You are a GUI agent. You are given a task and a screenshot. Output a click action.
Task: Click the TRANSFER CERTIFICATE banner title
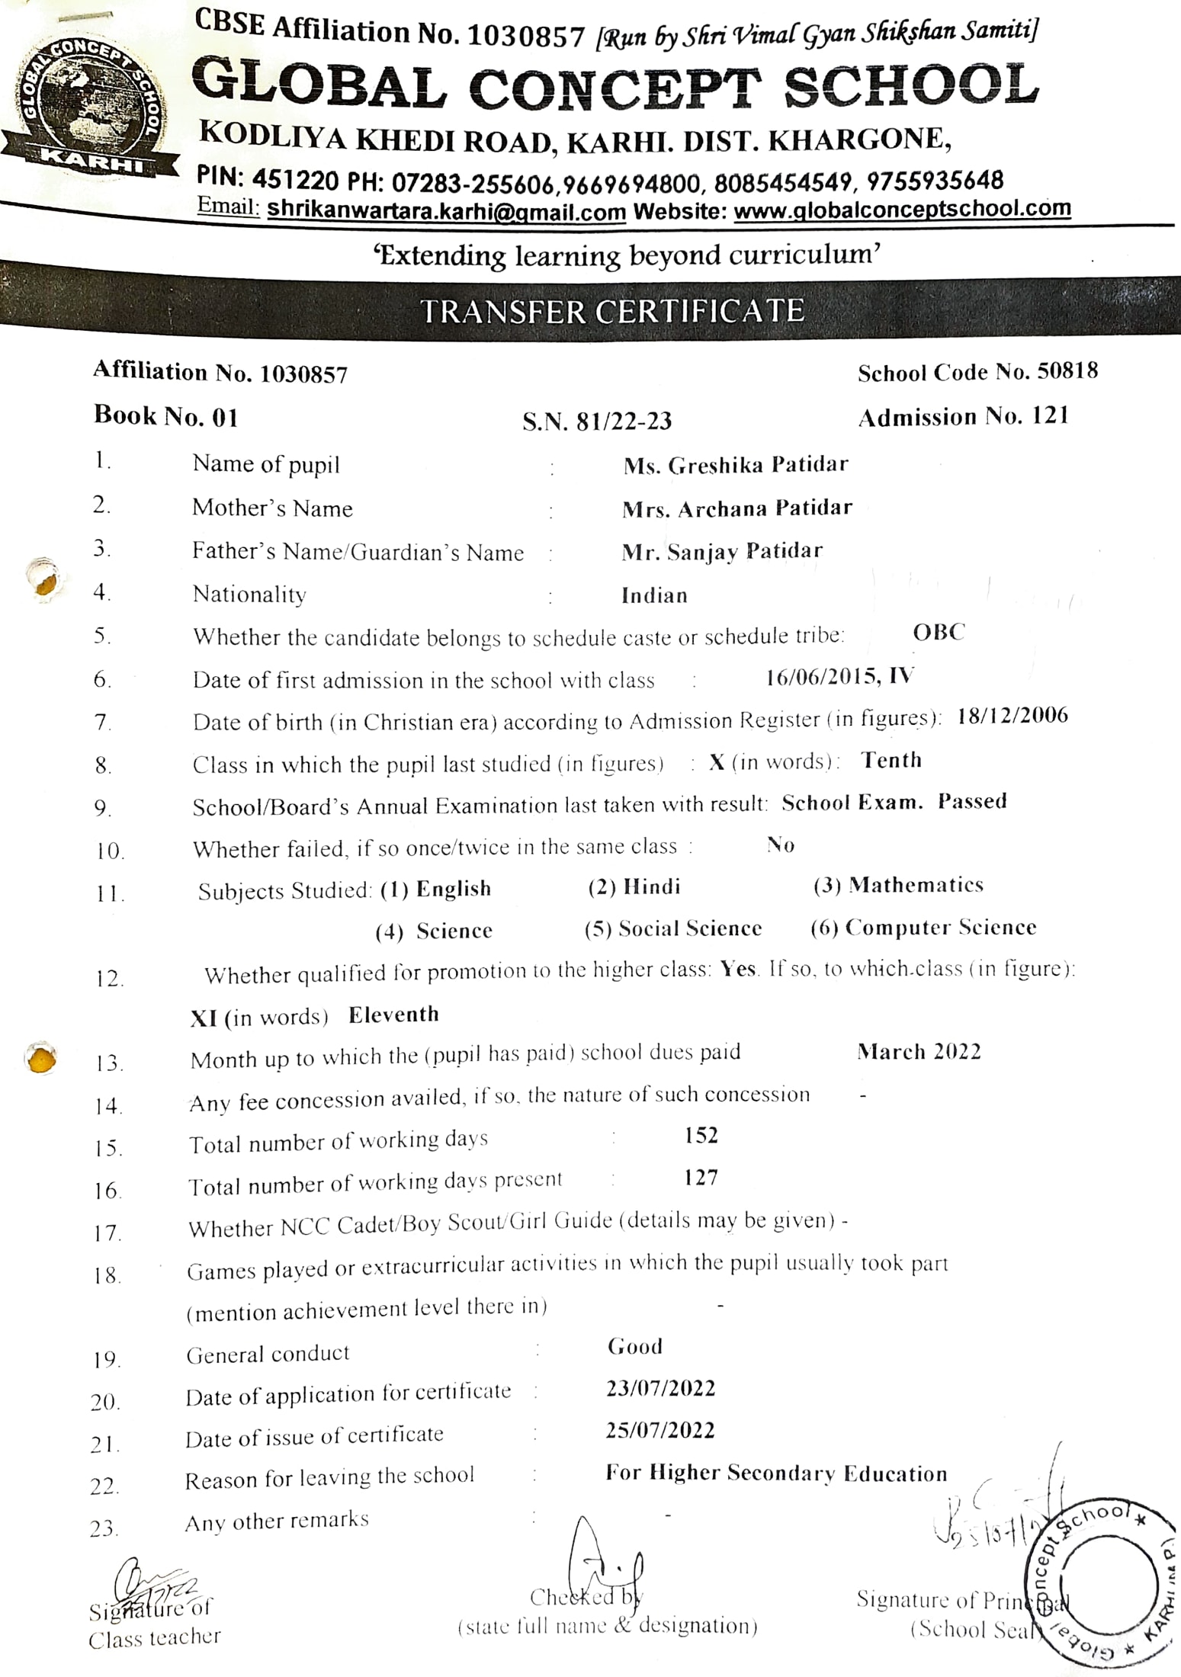(x=612, y=311)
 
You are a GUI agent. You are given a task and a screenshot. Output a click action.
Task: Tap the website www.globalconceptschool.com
(x=902, y=209)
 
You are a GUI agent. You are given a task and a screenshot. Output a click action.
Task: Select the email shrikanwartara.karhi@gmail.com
(x=446, y=210)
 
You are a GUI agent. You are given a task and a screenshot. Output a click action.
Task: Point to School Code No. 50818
(x=977, y=372)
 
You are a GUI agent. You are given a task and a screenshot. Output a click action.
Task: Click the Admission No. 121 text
(x=964, y=416)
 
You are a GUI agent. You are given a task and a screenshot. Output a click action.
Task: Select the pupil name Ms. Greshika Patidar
(x=735, y=464)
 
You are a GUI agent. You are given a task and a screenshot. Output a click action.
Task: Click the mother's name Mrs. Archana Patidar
(x=737, y=508)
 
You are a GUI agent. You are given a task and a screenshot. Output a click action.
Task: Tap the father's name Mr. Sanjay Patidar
(x=721, y=551)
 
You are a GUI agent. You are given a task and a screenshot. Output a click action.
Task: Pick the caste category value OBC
(x=939, y=632)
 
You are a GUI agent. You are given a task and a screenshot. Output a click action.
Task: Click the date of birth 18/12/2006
(x=1012, y=716)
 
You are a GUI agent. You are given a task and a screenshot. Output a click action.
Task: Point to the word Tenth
(x=891, y=760)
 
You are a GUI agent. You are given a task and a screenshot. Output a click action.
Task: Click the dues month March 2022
(x=919, y=1052)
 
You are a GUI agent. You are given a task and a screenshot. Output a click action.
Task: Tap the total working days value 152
(x=701, y=1135)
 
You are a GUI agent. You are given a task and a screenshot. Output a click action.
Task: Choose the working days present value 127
(x=701, y=1178)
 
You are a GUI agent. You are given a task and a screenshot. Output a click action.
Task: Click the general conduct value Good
(x=634, y=1347)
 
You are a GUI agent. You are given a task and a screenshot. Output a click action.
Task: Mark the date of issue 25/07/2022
(x=660, y=1430)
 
